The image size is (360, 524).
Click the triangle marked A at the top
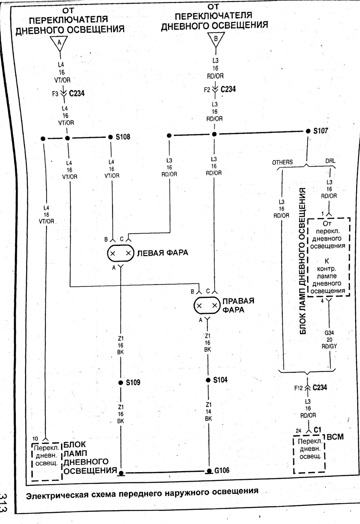click(59, 43)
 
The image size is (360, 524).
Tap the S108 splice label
click(123, 137)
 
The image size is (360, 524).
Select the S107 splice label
click(321, 131)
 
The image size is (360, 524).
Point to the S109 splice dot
click(121, 383)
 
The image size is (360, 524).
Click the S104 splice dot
click(208, 380)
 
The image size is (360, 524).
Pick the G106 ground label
click(222, 470)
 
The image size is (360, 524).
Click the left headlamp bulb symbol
click(120, 253)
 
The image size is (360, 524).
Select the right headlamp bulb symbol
click(207, 305)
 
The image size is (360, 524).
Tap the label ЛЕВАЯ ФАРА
click(162, 253)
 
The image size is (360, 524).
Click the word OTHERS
click(282, 163)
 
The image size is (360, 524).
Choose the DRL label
click(330, 161)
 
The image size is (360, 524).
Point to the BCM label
click(335, 437)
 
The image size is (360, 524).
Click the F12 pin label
click(298, 388)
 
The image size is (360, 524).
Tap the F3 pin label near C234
click(55, 94)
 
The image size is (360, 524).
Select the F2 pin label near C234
click(207, 90)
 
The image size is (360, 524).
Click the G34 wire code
click(329, 333)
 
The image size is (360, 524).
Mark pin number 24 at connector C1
click(298, 431)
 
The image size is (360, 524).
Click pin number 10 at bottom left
click(35, 439)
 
